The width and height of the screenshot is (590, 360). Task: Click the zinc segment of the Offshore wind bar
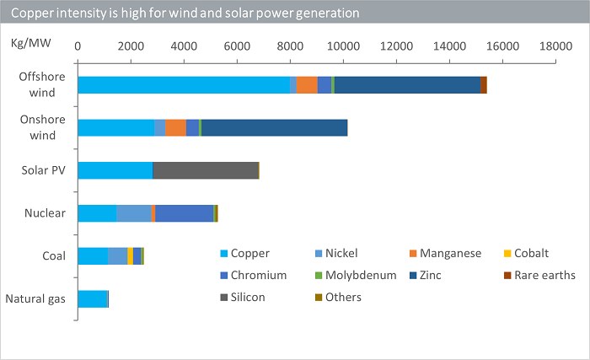coord(407,84)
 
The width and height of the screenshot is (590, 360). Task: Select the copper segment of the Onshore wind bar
coord(116,127)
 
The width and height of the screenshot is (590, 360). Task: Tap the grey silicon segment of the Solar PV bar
coord(206,170)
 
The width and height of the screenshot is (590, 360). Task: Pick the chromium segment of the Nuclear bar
coord(185,213)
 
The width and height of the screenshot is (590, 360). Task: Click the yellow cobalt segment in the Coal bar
coord(130,256)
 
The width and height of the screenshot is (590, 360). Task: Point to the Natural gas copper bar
coord(93,299)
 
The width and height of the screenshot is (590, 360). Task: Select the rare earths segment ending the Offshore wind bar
coord(484,84)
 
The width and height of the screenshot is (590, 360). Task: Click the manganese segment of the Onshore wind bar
coord(175,127)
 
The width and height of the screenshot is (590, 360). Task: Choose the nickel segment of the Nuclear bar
coord(134,213)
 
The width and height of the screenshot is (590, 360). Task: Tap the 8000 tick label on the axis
coord(290,46)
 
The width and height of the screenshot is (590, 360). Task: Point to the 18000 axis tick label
coord(555,46)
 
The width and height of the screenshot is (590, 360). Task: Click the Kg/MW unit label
coord(31,43)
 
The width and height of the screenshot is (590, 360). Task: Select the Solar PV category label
coord(43,170)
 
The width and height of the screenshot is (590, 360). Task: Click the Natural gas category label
coord(35,299)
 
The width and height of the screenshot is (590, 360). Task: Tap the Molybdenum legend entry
coord(356,276)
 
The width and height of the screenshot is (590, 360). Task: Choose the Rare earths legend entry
coord(539,276)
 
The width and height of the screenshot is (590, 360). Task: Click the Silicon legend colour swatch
coord(224,298)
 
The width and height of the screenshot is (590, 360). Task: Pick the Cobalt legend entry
coord(526,254)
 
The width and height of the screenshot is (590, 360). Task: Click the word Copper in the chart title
coord(32,13)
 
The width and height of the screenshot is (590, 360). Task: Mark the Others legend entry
coord(338,298)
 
